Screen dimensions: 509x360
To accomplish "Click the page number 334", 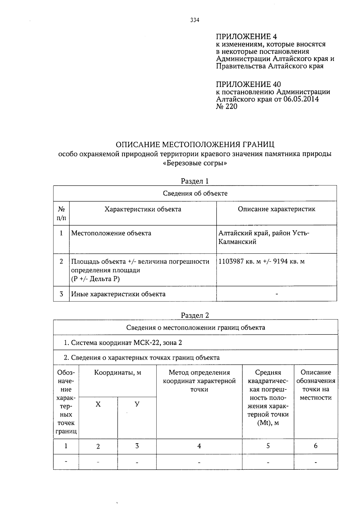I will [195, 20].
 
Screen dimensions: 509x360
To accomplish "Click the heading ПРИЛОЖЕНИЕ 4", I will [246, 37].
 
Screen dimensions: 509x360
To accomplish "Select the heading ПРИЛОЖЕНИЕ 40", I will [248, 84].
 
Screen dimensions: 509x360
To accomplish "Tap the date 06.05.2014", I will [301, 99].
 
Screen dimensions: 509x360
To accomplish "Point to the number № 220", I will [226, 106].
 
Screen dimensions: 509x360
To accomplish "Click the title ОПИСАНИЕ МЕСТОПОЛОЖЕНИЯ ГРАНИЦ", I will [195, 145].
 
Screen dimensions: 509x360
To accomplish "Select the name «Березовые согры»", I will [195, 164].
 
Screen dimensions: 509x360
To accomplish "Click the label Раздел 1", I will [195, 181].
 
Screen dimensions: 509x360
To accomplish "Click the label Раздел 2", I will [195, 315].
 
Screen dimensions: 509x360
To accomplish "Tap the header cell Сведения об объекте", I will [195, 193].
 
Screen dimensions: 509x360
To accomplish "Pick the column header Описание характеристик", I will [276, 209].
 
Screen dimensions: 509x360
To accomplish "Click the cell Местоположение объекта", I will [111, 233].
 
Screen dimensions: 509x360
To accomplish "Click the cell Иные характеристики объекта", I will [118, 294].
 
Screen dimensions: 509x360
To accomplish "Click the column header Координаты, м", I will [118, 373].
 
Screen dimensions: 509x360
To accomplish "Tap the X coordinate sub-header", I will [98, 404].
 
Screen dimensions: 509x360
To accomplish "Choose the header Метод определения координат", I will [199, 377].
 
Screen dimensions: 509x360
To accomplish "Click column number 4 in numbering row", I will [199, 446].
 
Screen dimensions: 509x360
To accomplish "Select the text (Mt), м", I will [268, 423].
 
